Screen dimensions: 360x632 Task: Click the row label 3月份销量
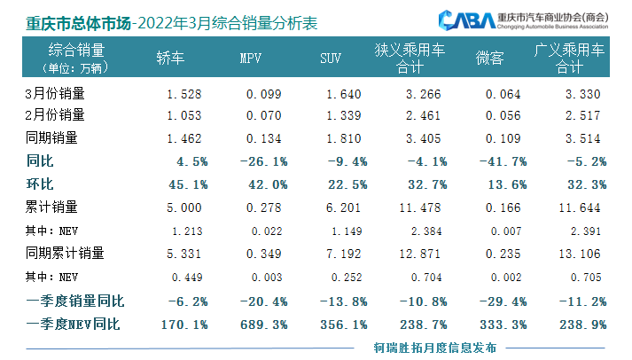[52, 92]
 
